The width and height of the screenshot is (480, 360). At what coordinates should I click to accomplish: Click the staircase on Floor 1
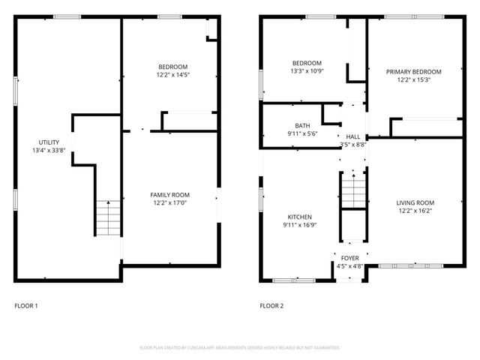pos(107,217)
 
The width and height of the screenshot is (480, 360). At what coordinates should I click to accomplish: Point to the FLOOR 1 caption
pos(26,306)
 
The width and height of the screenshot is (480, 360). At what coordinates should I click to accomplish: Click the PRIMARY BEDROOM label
pos(413,71)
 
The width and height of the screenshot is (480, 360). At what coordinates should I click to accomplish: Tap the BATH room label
pos(302,125)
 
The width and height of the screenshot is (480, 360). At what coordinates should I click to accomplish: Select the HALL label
pos(352,136)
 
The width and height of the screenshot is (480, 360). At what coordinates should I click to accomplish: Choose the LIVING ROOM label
pos(415,202)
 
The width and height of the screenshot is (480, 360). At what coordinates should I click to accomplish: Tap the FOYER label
pos(349,257)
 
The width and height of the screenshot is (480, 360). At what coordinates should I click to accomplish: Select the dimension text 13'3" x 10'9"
pos(307,71)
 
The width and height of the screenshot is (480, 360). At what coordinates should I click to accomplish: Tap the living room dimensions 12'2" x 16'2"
pos(415,211)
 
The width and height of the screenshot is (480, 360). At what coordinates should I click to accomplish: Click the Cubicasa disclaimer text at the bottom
pos(240,348)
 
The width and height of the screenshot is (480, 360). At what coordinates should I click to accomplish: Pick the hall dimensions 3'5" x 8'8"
pos(352,145)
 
